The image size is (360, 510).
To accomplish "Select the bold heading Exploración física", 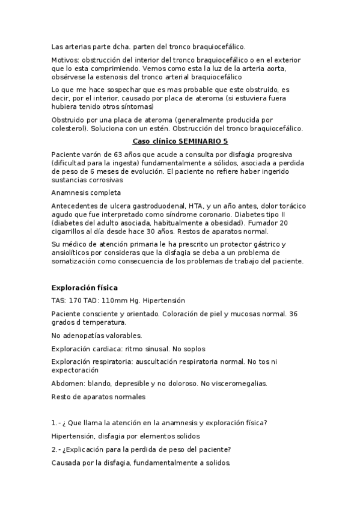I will click(x=84, y=287).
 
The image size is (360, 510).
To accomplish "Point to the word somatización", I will click(x=76, y=262).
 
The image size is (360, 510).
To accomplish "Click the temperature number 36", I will click(x=293, y=313).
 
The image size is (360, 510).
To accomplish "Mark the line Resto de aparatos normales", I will click(x=98, y=396).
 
